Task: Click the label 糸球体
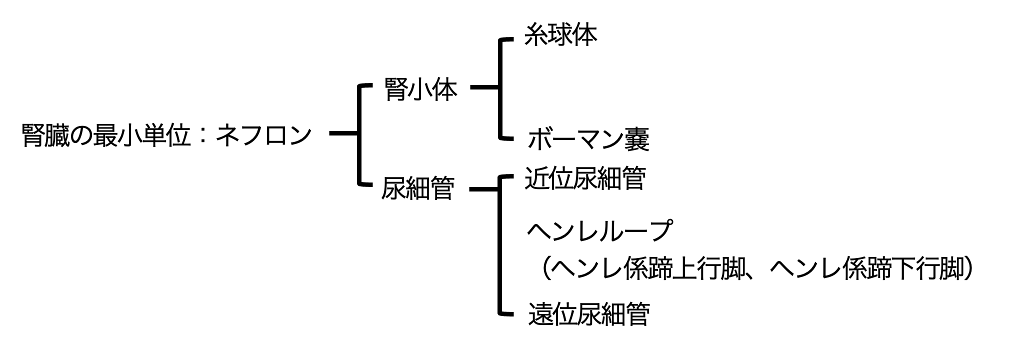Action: coord(560,35)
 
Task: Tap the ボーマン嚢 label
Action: coord(588,139)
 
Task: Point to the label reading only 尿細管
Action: coord(417,189)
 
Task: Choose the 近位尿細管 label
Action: coord(585,178)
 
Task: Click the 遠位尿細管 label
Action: coord(588,314)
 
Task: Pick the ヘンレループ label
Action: coord(599,231)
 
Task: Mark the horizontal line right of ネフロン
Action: coord(344,133)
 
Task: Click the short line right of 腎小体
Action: coord(484,87)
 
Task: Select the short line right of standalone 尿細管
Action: coord(483,189)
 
